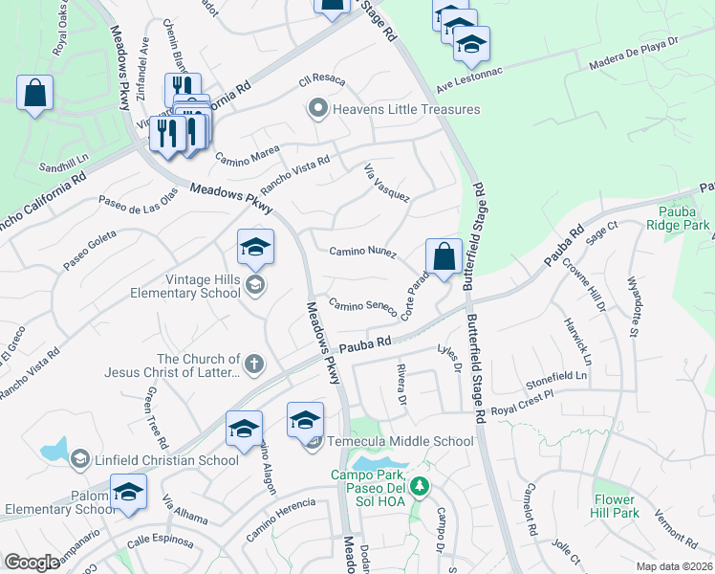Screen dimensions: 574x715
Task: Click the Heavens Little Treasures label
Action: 405,109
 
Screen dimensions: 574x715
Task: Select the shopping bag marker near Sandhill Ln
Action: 34,95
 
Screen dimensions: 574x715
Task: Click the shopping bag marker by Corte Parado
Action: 444,257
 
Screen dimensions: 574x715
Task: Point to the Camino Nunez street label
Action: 362,252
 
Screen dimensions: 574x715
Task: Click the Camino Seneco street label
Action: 362,306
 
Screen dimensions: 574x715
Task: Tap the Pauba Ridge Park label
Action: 684,218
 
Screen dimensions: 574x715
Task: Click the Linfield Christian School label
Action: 166,460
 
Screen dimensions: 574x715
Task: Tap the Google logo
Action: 32,563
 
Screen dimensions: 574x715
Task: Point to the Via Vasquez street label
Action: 387,183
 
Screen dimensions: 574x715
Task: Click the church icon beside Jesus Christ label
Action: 253,364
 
